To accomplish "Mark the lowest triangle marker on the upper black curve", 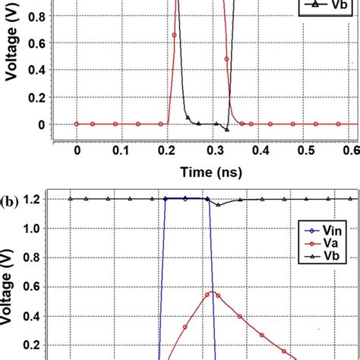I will coord(226,128).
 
